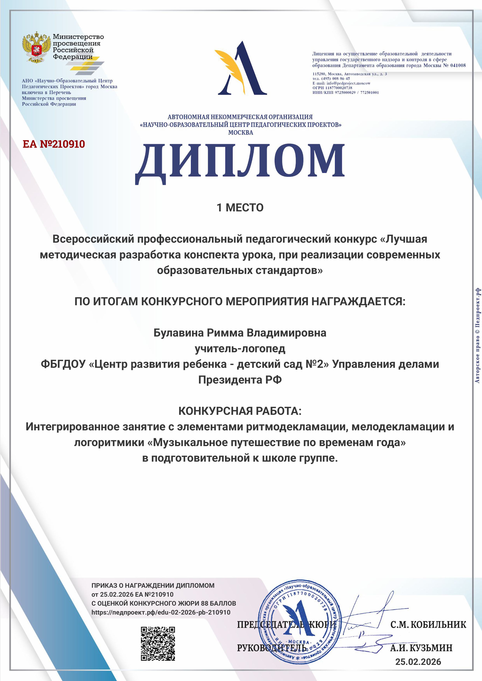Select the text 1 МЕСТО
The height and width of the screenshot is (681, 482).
tap(240, 208)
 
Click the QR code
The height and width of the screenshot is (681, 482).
tap(158, 644)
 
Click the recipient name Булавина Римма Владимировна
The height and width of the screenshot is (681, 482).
tap(240, 333)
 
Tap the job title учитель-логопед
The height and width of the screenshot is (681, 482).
tap(240, 349)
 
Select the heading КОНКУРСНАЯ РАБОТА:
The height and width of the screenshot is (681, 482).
tap(240, 411)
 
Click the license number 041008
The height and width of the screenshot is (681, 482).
tap(458, 65)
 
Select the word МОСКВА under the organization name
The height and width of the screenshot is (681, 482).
tap(240, 133)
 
